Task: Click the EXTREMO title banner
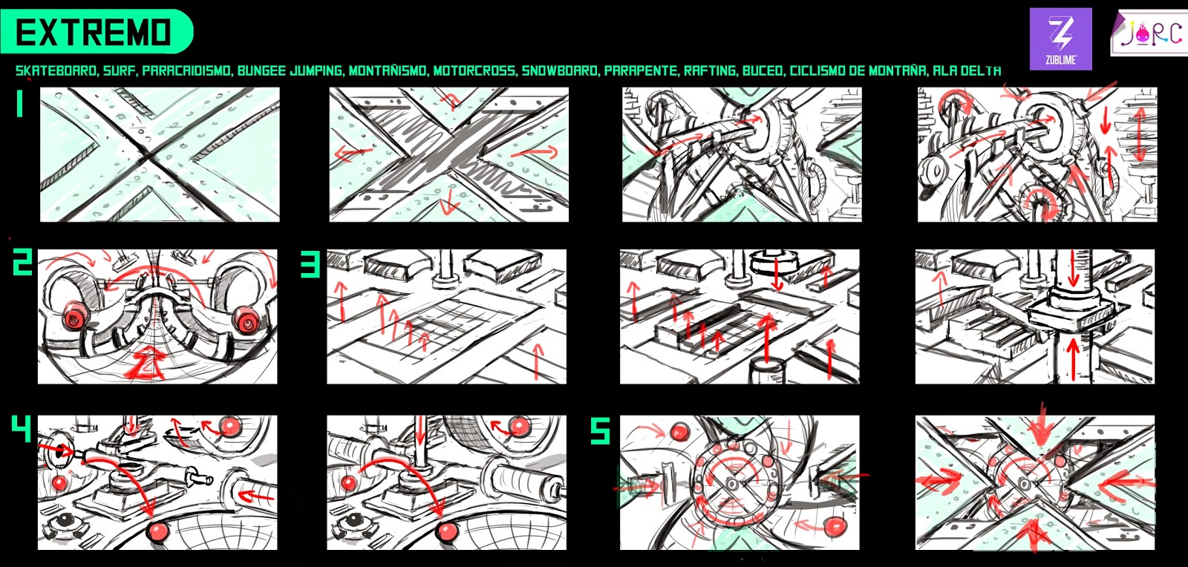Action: coord(97,31)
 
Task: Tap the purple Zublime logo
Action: coord(1061,39)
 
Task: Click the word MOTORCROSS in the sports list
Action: coord(474,71)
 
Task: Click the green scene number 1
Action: coord(19,103)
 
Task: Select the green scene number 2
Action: coord(22,263)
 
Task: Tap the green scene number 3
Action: coord(310,264)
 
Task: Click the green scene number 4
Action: coord(22,428)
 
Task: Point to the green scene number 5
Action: coord(600,430)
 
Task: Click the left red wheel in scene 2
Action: coord(74,317)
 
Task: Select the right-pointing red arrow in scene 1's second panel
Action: coord(535,152)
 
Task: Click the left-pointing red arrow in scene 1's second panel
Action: coord(353,154)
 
